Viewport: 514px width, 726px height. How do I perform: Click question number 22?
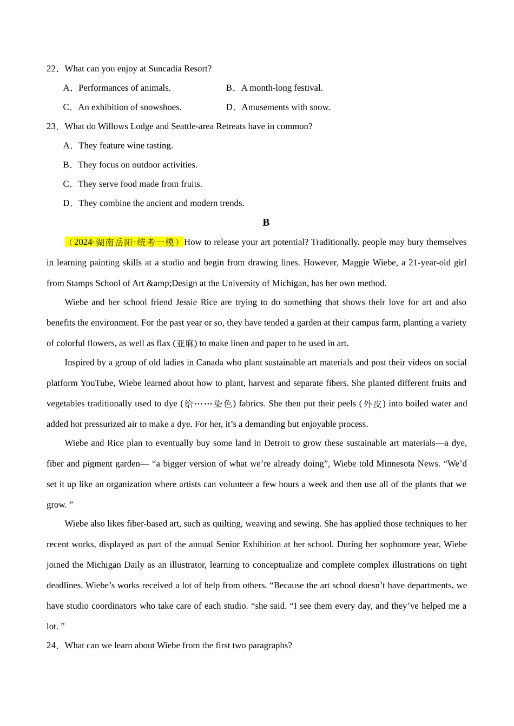tap(52, 69)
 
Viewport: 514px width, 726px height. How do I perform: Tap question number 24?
tap(52, 646)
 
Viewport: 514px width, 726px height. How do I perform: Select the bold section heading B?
tap(266, 223)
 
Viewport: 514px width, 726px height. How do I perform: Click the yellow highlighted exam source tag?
tap(124, 242)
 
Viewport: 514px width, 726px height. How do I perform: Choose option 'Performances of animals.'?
tap(124, 88)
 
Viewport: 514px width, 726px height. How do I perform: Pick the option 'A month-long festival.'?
tap(281, 88)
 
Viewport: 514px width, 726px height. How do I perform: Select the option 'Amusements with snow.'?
tap(286, 107)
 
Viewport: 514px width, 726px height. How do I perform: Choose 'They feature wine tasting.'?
tap(126, 146)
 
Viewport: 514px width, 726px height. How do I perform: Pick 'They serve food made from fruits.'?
tap(140, 184)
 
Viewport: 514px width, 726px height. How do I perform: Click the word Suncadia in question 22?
tap(166, 69)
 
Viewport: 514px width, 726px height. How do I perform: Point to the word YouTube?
tap(97, 384)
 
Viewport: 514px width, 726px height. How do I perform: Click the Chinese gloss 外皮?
tap(372, 404)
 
